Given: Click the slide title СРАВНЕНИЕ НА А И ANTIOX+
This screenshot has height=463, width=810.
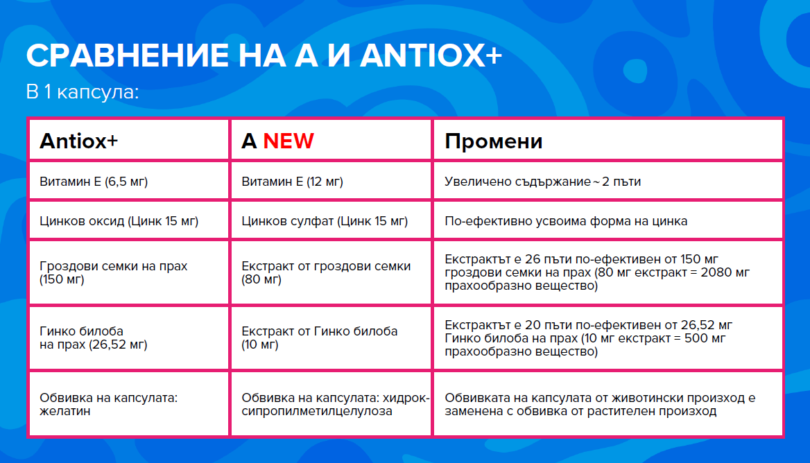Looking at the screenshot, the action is point(264,55).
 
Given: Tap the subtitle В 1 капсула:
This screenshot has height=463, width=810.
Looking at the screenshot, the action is point(83,92).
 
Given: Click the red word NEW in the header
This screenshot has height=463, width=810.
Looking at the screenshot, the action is point(288,141).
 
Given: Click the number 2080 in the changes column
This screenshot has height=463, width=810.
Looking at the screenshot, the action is point(716,272).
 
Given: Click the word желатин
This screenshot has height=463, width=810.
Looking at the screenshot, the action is point(65,412).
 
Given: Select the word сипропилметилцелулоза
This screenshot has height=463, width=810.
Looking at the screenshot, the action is point(317,412).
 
